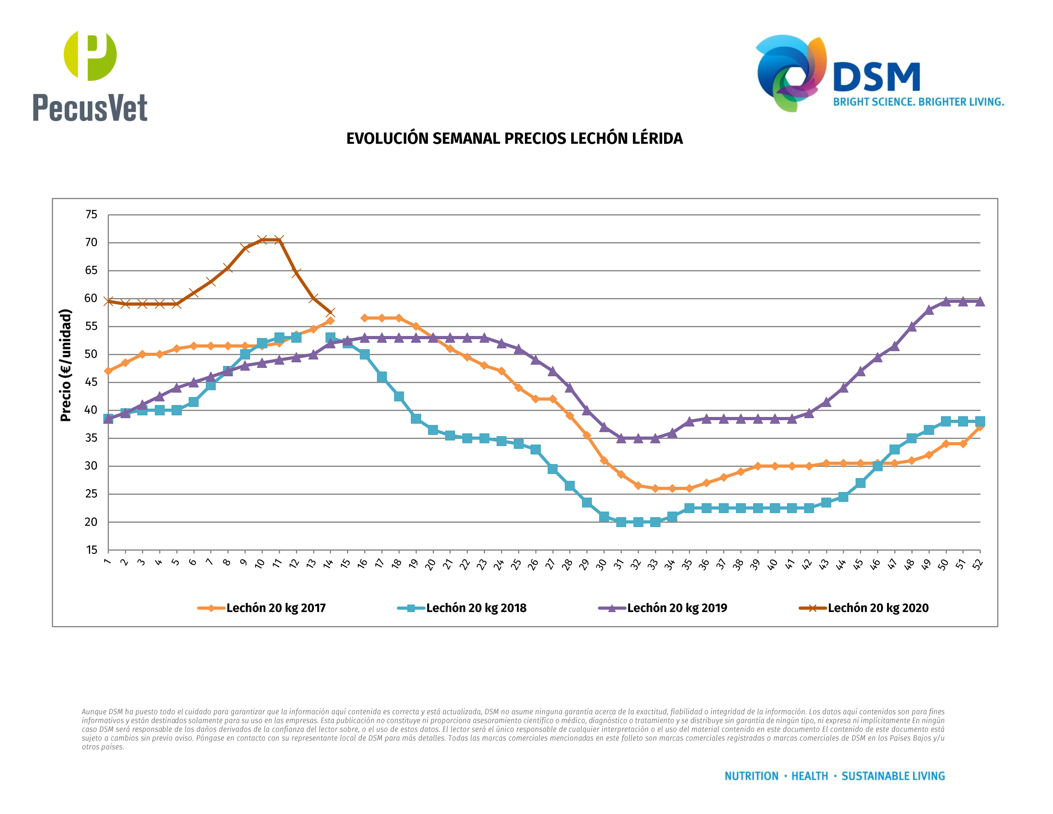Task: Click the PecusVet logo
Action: [90, 76]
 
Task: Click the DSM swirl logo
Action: [791, 72]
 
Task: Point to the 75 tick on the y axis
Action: [91, 215]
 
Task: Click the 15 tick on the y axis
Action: [91, 550]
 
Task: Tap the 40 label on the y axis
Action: [91, 410]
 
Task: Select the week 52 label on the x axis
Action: [977, 564]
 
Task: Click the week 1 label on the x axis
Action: [107, 562]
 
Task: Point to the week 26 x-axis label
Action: [533, 564]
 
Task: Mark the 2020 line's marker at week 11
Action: [279, 240]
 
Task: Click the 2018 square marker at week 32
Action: [638, 522]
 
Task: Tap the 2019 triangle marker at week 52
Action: [980, 301]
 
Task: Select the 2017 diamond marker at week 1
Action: [108, 371]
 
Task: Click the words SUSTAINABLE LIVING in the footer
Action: [893, 776]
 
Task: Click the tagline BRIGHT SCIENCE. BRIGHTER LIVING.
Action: [919, 102]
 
